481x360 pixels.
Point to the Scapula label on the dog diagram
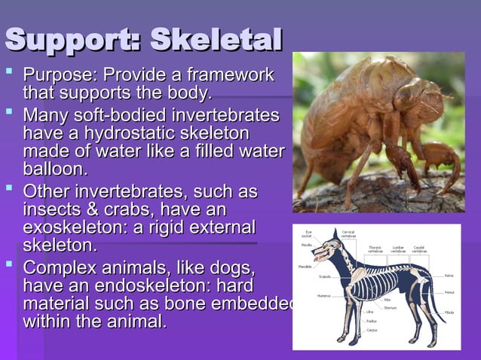tap(325, 276)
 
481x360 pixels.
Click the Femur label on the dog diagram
tap(449, 291)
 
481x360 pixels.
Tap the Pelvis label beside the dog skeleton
tap(449, 276)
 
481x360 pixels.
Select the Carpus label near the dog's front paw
tap(372, 330)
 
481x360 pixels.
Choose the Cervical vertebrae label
tap(349, 233)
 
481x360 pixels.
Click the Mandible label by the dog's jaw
tap(305, 266)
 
